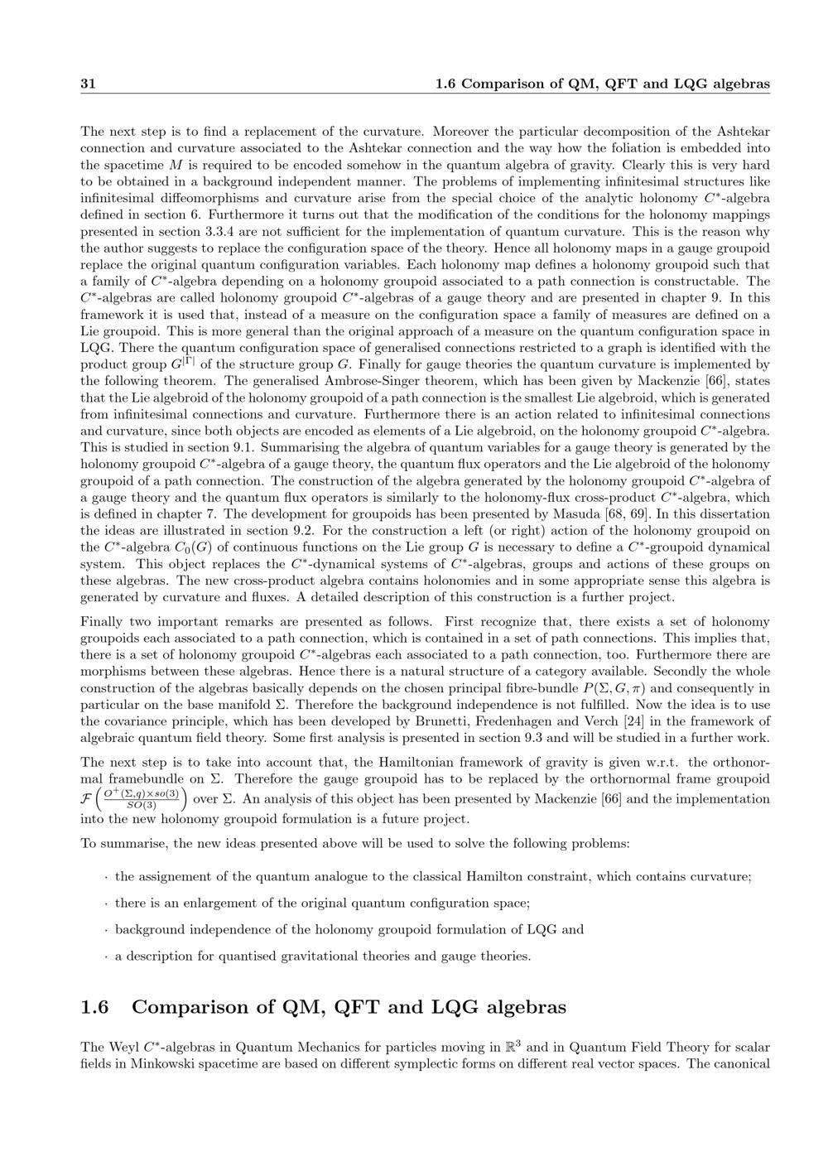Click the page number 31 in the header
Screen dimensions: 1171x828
pyautogui.click(x=89, y=84)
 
